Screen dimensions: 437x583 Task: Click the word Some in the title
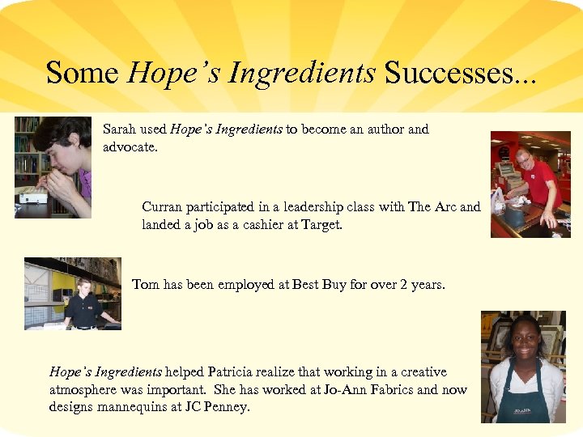[83, 73]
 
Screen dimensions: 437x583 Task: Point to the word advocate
[132, 147]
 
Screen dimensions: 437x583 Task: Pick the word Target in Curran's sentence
[321, 225]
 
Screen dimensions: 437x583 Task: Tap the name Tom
[146, 285]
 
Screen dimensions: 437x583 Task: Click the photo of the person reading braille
[53, 168]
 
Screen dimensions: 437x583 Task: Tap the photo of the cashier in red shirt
[530, 185]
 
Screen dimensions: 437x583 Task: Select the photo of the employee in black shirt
[72, 294]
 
